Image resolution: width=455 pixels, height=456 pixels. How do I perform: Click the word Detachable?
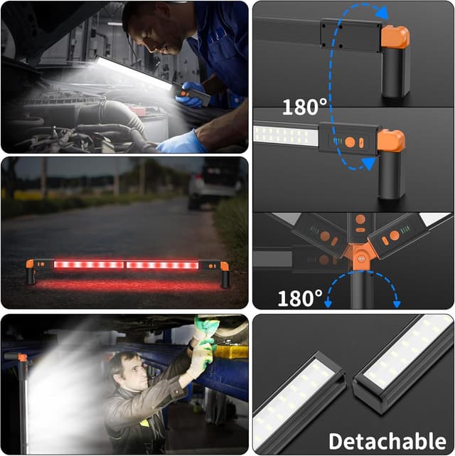tap(387, 441)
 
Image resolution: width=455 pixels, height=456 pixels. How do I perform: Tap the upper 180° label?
tap(304, 107)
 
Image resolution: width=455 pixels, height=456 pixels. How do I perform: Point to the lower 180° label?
tap(300, 298)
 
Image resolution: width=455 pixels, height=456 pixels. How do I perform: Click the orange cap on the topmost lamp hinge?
tap(395, 37)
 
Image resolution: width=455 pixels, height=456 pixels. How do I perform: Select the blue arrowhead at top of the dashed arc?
tap(382, 13)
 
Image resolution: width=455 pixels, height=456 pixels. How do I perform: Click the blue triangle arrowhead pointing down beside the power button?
tap(369, 164)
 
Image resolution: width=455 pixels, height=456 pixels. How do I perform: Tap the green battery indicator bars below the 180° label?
tap(337, 142)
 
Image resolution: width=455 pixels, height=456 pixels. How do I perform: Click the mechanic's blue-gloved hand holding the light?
tap(189, 95)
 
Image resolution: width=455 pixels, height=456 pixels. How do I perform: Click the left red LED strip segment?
tap(89, 265)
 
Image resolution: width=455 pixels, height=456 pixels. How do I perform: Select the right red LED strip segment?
tap(162, 265)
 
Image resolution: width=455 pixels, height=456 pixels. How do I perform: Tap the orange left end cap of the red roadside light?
tap(30, 264)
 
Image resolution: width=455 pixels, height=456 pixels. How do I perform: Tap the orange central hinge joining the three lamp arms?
tap(360, 256)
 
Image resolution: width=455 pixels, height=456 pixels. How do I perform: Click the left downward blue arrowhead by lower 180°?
tap(328, 304)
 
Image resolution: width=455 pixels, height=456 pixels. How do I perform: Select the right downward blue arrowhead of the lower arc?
tap(397, 304)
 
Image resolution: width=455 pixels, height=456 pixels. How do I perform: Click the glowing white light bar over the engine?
tap(134, 73)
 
